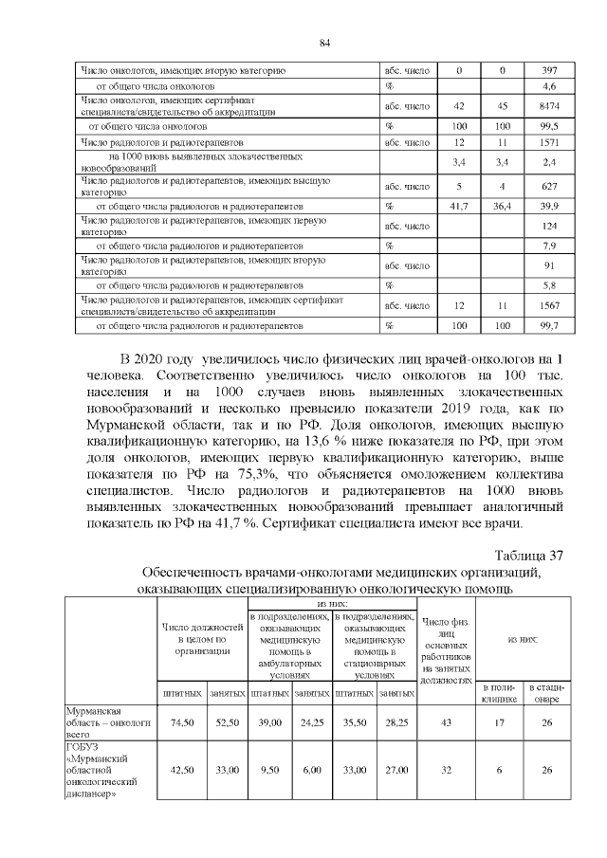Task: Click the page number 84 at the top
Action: (x=323, y=44)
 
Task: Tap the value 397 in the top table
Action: (x=548, y=71)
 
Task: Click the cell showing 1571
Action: (x=548, y=142)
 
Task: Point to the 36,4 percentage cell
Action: (x=503, y=205)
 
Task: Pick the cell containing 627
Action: (x=548, y=186)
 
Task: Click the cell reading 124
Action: (x=548, y=226)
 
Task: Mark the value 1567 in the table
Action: (x=548, y=305)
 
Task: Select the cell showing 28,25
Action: (x=396, y=721)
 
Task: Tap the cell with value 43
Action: (x=449, y=721)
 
